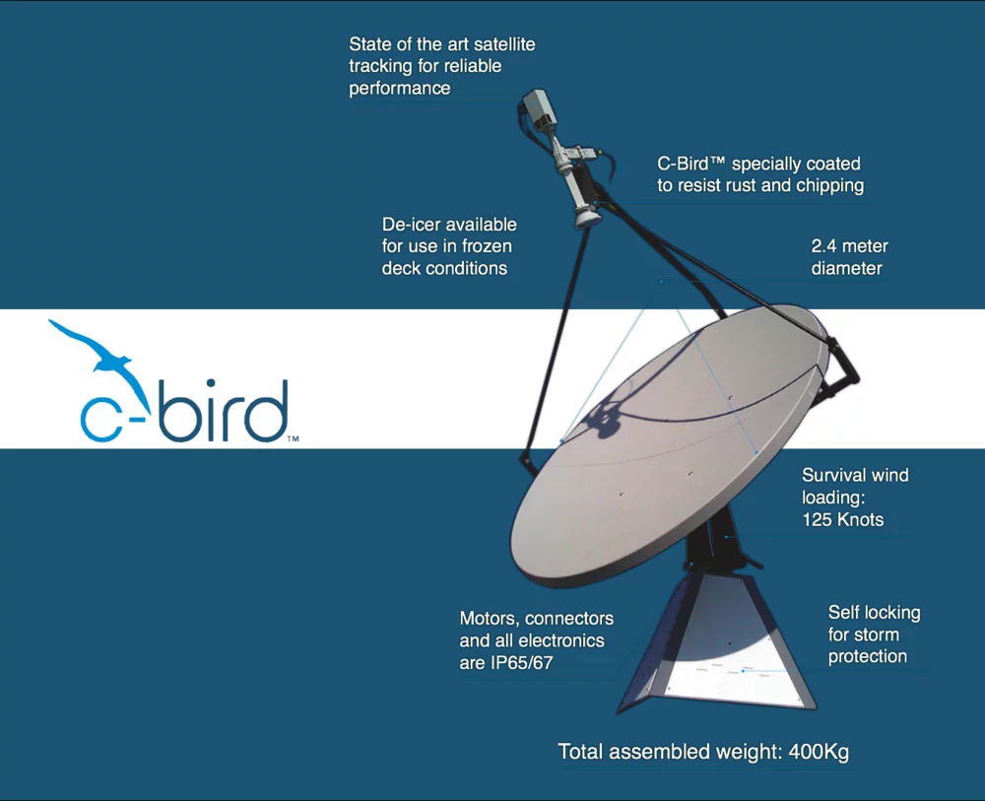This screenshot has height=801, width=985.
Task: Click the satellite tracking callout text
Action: (x=442, y=66)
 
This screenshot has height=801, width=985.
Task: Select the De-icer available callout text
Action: (x=449, y=246)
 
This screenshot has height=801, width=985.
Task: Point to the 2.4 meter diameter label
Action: (x=849, y=257)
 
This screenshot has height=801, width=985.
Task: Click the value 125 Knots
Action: (x=842, y=519)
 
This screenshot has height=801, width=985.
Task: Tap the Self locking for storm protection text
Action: (x=874, y=634)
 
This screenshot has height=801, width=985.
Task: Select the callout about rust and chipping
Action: (x=759, y=174)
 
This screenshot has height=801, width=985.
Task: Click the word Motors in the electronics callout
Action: (x=489, y=619)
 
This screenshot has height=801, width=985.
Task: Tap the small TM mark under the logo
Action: (x=293, y=439)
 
